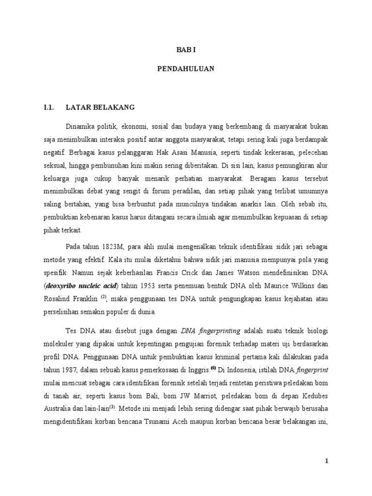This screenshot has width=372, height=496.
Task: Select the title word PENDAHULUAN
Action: pyautogui.click(x=186, y=69)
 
